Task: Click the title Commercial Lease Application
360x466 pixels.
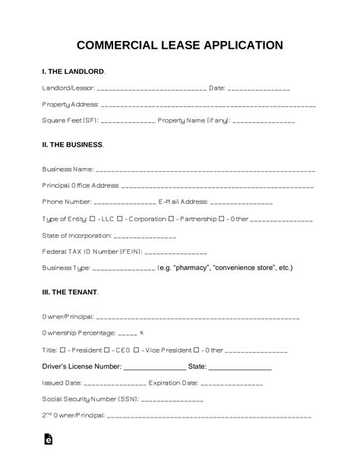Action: coord(180,45)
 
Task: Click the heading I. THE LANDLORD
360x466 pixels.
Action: coord(73,71)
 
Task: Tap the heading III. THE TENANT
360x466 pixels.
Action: coord(69,291)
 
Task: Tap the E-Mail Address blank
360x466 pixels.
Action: coord(241,203)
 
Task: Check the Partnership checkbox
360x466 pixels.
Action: coord(172,219)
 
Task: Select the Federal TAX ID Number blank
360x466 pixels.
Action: coord(175,252)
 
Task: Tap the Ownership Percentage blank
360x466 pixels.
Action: coord(128,334)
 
